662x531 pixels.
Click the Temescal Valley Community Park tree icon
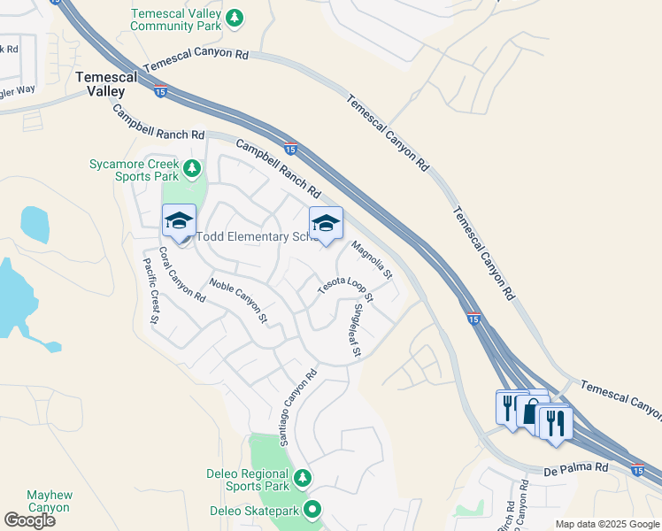pos(234,17)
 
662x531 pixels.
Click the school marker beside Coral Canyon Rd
pos(179,222)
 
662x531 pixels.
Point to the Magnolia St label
pos(372,260)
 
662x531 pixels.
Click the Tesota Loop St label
pos(346,289)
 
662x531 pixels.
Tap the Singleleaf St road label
pos(357,331)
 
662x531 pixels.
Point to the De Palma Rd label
pos(576,466)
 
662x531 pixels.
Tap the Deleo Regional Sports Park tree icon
pos(303,478)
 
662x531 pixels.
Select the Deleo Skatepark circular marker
pos(312,510)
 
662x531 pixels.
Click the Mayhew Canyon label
pos(49,501)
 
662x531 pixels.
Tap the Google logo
pos(30,520)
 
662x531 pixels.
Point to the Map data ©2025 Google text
pos(607,524)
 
